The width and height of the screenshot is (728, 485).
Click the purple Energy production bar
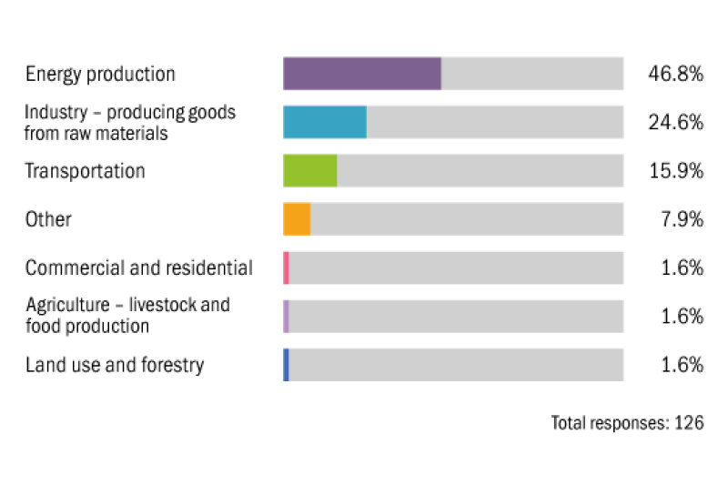[361, 74]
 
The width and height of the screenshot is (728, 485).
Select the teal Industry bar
[324, 122]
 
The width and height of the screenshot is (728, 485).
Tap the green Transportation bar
[309, 171]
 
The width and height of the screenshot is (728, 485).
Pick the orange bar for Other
[297, 219]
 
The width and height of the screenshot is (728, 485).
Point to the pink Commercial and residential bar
[286, 268]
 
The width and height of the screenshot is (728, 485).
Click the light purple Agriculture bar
[286, 317]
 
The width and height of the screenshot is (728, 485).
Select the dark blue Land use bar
[286, 365]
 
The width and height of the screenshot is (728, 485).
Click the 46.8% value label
[675, 74]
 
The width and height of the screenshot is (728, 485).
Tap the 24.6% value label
[675, 122]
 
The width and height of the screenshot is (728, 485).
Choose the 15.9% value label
[675, 171]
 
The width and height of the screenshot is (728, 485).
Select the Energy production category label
[100, 74]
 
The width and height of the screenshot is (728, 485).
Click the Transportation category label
[85, 171]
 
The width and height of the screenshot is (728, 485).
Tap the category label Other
[48, 219]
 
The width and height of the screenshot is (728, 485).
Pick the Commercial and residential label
[138, 268]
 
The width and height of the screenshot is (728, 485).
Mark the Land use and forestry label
[115, 365]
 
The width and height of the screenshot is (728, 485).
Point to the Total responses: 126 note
[627, 422]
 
